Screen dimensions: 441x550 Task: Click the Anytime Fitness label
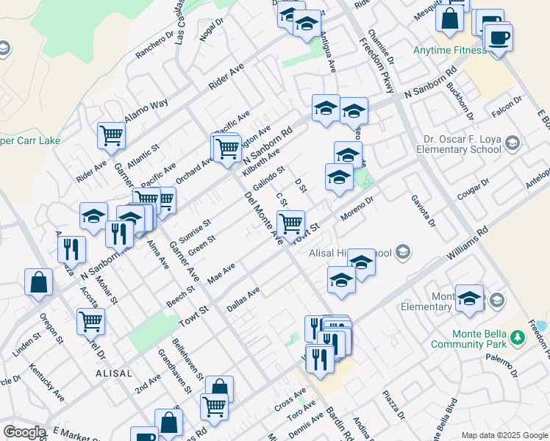click(449, 51)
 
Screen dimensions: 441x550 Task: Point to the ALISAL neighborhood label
click(113, 374)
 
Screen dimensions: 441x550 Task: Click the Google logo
click(24, 432)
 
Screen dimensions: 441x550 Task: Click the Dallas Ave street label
click(243, 300)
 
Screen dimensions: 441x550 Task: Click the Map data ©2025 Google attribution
click(503, 435)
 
